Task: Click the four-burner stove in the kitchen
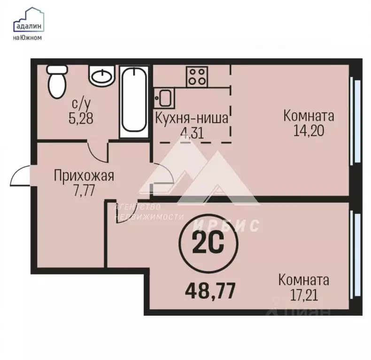(197, 76)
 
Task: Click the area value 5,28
(81, 117)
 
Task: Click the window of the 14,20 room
(356, 122)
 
